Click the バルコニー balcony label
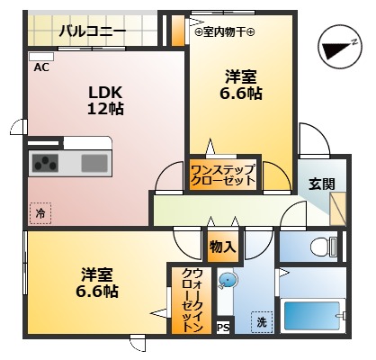[93, 32]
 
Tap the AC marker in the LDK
[41, 67]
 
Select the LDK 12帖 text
[104, 100]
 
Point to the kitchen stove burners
[45, 163]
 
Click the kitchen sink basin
[94, 163]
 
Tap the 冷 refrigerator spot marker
[40, 213]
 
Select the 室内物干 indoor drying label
[225, 32]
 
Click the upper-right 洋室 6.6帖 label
[242, 85]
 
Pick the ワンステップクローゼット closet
[223, 173]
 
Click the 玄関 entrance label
[321, 184]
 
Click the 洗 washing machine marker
[261, 322]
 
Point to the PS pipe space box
[222, 328]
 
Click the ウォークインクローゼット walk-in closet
[191, 301]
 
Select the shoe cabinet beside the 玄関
[339, 209]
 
